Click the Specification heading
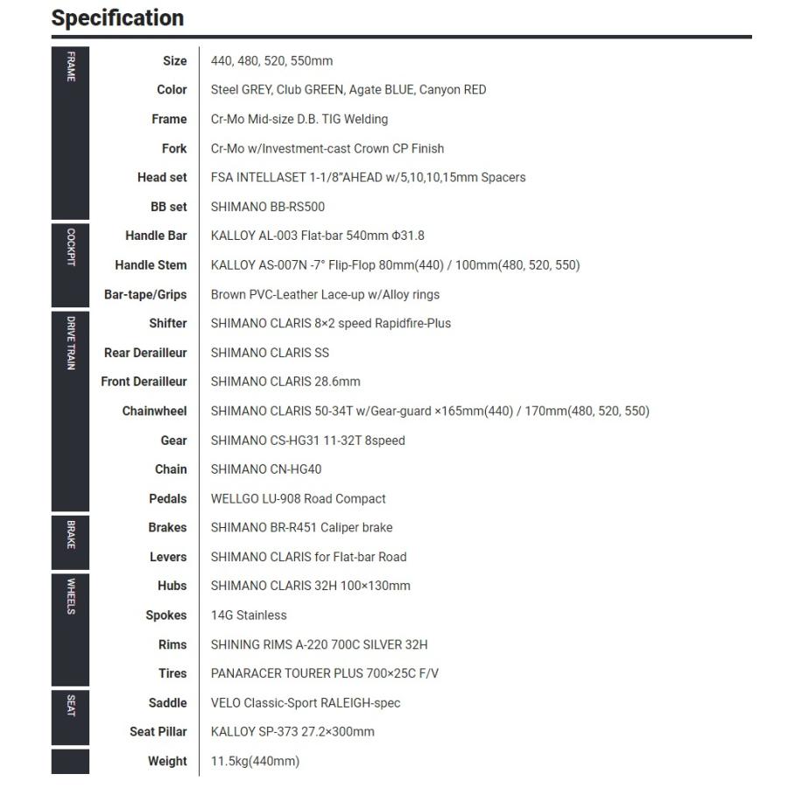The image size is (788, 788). pos(117,18)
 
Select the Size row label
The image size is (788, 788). pos(174,61)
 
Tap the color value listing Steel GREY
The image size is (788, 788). pos(348,90)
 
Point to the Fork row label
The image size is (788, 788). pos(174,149)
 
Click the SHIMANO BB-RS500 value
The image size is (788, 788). pos(267,207)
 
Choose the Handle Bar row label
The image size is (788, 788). pos(156,236)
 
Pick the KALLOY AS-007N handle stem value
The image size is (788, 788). pos(395,265)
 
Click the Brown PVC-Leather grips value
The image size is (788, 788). pos(325,294)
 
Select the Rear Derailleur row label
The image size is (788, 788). pos(145,353)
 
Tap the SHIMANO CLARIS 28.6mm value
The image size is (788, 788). pos(285,382)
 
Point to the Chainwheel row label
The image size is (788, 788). pos(154,411)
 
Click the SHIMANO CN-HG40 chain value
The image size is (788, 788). pos(265,469)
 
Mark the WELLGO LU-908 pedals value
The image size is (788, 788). pos(298,499)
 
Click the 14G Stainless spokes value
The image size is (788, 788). pos(249,616)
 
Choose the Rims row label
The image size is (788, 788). pos(172,644)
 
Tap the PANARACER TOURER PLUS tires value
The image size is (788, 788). pos(324,673)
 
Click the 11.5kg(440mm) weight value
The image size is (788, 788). pos(255,761)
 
